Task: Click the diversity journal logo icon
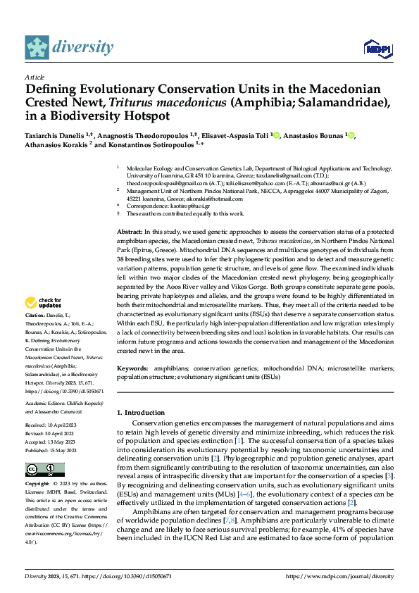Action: pos(37,47)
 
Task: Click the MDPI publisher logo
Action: pos(376,47)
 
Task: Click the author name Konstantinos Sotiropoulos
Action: pos(154,145)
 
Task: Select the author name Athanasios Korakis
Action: pos(56,145)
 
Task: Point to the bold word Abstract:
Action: pos(129,232)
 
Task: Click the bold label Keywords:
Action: pos(132,368)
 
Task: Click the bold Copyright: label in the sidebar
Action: pos(37,484)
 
